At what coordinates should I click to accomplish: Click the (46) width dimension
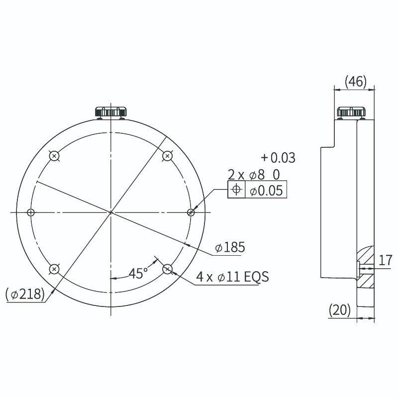point(355,81)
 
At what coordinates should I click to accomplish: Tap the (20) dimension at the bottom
point(340,310)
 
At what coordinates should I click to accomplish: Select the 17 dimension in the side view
point(385,260)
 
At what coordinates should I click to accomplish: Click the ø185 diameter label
point(229,247)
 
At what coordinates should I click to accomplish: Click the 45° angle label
point(138,273)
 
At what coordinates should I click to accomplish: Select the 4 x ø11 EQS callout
point(232,277)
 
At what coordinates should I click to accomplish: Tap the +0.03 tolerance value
point(278,158)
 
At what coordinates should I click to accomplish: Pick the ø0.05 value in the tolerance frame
point(266,191)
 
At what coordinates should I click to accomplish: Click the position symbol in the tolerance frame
point(236,190)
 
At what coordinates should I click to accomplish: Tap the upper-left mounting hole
point(55,156)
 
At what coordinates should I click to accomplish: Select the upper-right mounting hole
point(167,156)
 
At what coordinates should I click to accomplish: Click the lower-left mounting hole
point(55,269)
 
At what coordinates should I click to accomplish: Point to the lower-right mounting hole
point(167,269)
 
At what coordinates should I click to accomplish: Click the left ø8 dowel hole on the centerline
point(31,212)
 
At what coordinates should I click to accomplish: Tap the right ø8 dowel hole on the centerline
point(191,212)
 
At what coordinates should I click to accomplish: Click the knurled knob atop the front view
point(111,112)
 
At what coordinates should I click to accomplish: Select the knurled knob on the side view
point(351,112)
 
